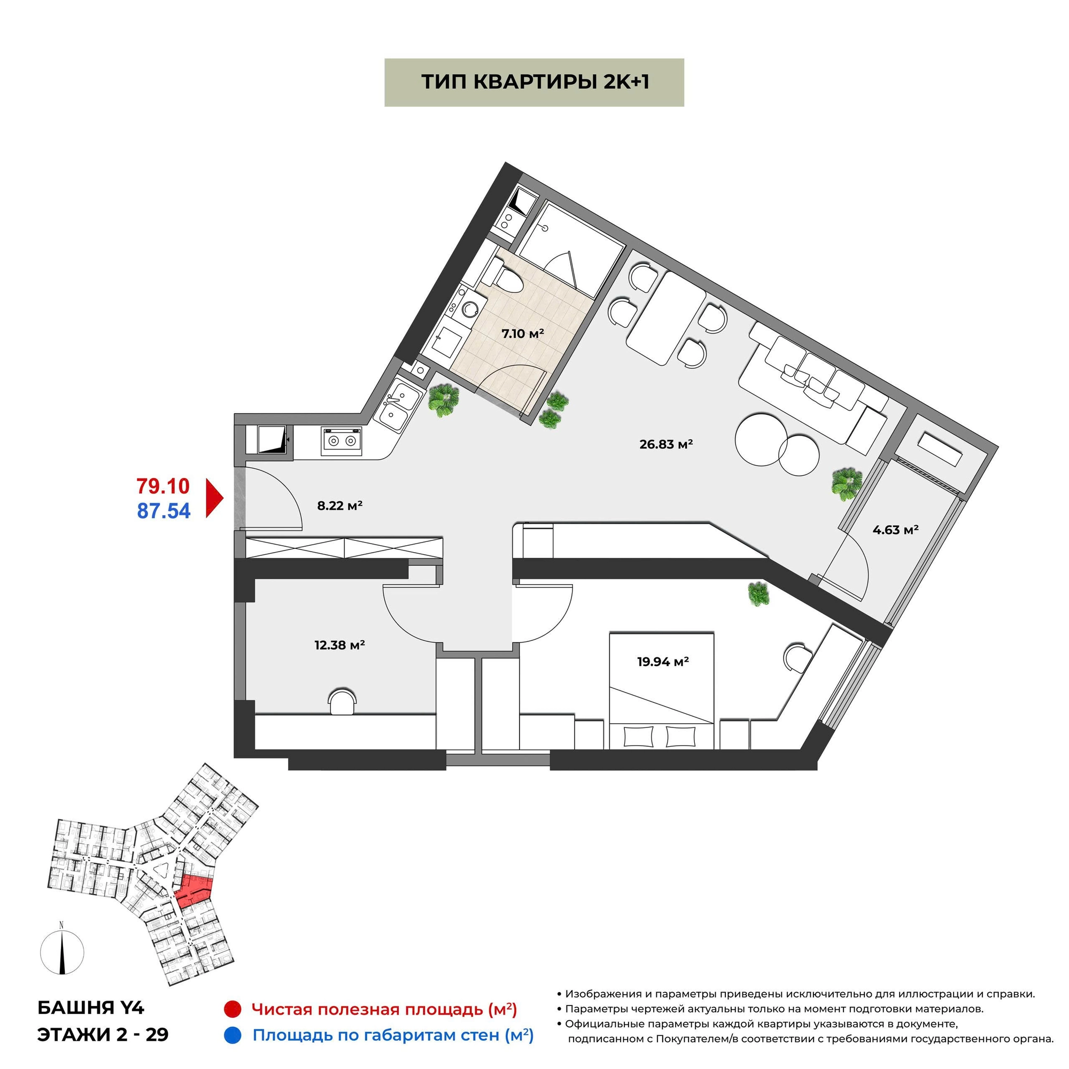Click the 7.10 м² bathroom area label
(522, 333)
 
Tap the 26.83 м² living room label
(666, 444)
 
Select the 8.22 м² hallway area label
(340, 505)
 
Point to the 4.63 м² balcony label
(895, 530)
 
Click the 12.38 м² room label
(340, 645)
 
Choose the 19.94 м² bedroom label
(663, 661)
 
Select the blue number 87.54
(164, 510)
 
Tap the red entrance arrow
(214, 498)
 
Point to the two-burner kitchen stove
(342, 441)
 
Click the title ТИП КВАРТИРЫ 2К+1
(534, 82)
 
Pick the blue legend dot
(233, 1035)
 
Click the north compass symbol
(62, 953)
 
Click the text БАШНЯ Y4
(91, 1008)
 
